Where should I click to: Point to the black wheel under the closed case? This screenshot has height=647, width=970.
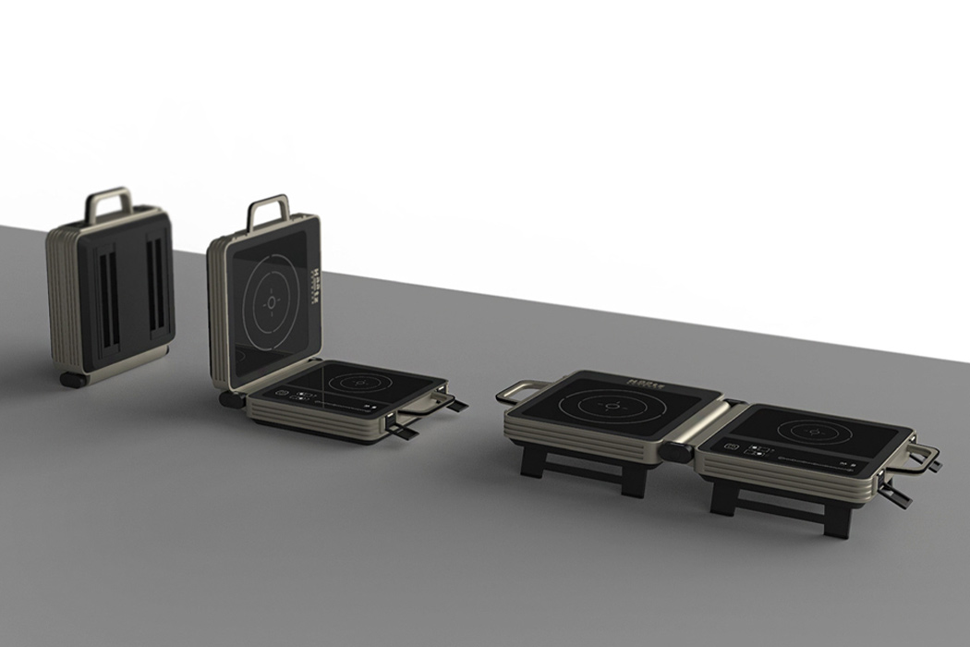tap(72, 379)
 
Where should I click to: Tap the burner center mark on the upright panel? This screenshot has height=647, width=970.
tap(271, 302)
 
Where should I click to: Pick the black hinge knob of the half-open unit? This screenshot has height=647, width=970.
tap(226, 398)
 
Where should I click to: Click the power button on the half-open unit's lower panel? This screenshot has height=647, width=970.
tap(281, 392)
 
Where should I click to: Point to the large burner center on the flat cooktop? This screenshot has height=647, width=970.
tap(608, 406)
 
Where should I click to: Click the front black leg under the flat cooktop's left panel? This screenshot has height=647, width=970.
tap(534, 462)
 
